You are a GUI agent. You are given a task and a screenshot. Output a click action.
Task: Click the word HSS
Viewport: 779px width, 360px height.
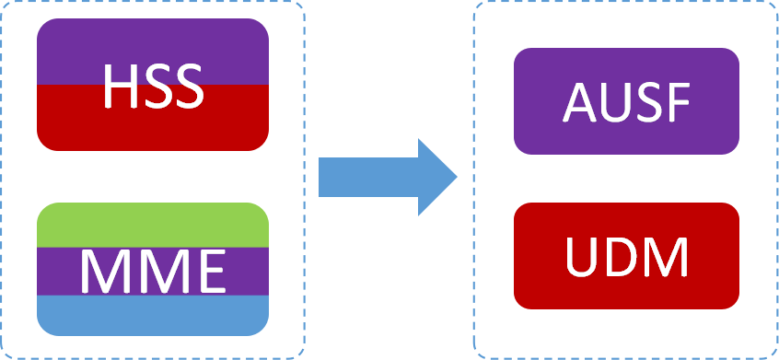152,85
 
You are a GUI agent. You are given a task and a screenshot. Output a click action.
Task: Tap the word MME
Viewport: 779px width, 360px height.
152,270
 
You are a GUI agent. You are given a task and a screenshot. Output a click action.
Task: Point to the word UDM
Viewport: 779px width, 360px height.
626,256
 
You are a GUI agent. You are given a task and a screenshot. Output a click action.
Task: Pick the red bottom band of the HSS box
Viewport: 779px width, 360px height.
152,129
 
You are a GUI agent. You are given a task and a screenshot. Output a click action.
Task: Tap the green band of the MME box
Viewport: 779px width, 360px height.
152,224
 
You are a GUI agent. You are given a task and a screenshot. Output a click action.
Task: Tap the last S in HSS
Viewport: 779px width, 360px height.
186,85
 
